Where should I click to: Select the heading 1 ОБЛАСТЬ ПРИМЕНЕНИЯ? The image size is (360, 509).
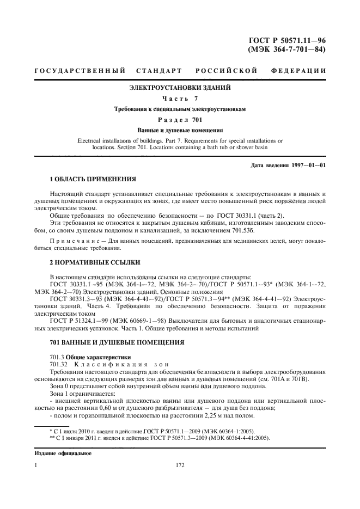coord(93,179)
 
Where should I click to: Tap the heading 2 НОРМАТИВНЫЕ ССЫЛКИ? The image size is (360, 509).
coord(91,262)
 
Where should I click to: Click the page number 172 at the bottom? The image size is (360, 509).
coord(180,466)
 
